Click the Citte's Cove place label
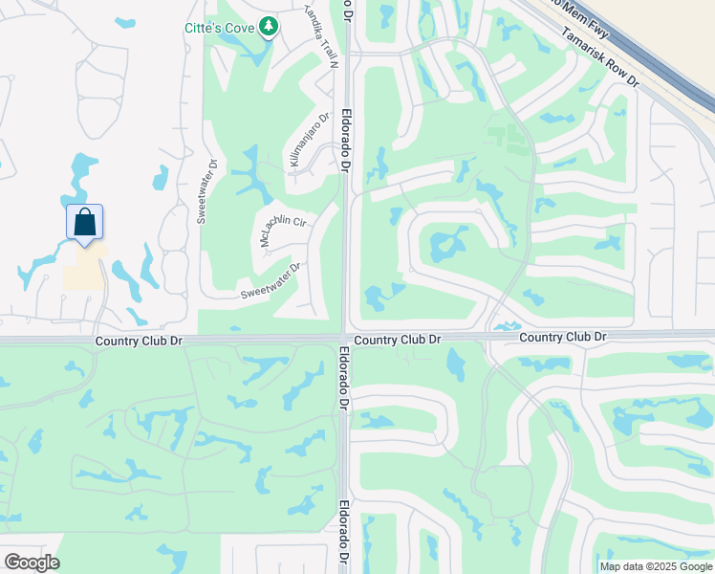219,28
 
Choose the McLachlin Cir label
283,228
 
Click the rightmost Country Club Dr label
563,338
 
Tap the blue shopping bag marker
84,222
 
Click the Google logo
32,563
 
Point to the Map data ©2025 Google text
656,566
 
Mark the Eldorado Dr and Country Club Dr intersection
344,338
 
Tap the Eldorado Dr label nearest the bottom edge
342,536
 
